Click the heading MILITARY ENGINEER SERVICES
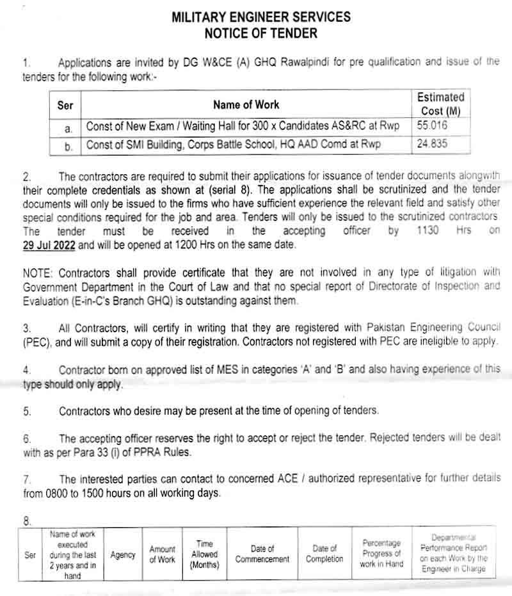260,17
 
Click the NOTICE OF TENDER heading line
260,32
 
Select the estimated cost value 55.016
433,126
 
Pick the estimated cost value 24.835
433,144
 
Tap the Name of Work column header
246,104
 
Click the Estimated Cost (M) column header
440,104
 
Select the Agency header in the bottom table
123,555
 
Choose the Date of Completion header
324,554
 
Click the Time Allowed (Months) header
205,554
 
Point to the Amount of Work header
162,554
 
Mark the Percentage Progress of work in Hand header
381,554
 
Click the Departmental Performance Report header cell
454,554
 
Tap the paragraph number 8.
26,521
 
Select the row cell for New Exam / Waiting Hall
243,126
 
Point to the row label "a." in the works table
68,128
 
